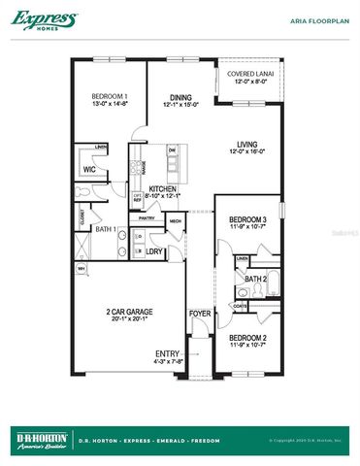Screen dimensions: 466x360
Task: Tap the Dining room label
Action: [x=180, y=96]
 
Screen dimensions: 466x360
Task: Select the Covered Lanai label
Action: [x=249, y=75]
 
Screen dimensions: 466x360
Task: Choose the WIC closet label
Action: [x=88, y=169]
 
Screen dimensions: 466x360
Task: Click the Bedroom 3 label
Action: [x=247, y=220]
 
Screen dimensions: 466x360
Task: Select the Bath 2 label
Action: [x=255, y=280]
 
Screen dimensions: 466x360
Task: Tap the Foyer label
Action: [x=200, y=314]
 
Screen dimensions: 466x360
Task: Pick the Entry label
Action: [x=167, y=352]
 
